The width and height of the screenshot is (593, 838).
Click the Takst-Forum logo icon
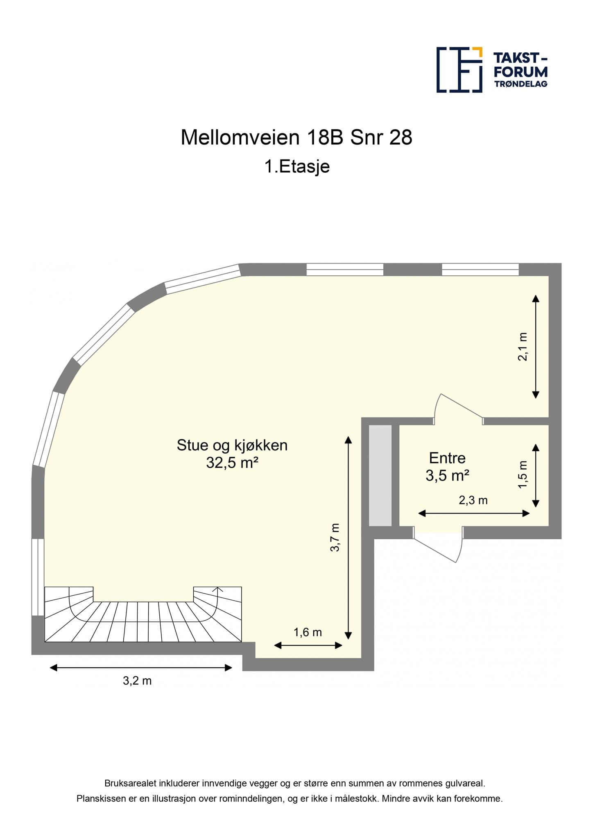pos(459,70)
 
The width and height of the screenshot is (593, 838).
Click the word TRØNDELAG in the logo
pos(521,84)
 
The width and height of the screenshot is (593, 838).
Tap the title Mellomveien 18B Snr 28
pos(296,137)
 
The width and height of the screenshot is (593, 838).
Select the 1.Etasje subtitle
pos(297,167)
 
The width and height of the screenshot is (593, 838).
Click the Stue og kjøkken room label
pos(232,445)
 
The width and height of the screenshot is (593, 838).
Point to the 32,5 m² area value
pos(232,463)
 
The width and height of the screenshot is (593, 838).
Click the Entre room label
pos(447,458)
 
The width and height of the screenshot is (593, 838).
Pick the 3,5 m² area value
pos(447,475)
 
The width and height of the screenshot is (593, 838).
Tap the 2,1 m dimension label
pos(523,346)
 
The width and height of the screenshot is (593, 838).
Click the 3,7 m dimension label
pos(335,537)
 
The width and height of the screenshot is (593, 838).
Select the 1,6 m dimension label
pos(308,632)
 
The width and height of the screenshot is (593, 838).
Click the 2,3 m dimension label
pos(473,500)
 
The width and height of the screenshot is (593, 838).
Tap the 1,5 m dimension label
pos(523,475)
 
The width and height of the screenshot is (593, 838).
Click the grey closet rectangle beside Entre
pos(380,475)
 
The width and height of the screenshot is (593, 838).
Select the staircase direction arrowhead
pos(218,590)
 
